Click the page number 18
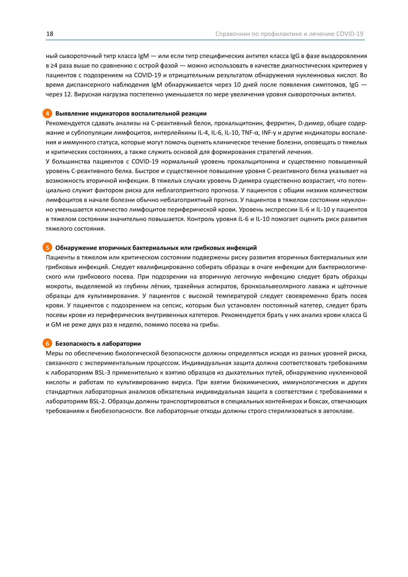tap(50, 34)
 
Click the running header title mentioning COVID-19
tap(289, 34)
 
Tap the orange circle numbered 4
tap(47, 113)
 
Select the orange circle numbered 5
tap(47, 248)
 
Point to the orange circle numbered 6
tap(47, 344)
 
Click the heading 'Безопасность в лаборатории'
tap(98, 344)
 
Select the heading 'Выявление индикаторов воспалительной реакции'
tap(131, 113)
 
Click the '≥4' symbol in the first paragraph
tap(54, 65)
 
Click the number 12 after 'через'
tap(67, 94)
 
